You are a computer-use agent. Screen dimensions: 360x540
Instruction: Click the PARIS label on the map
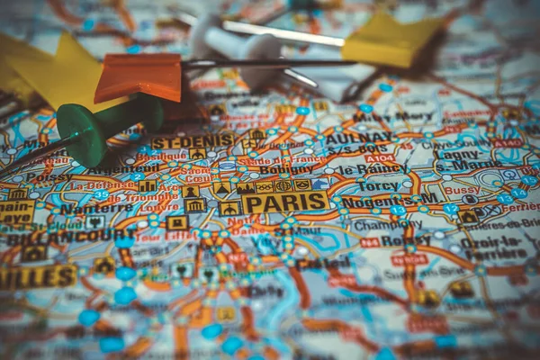pos(286,202)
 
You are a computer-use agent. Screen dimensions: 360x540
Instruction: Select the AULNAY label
pos(358,138)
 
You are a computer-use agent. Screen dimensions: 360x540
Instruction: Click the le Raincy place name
pos(373,168)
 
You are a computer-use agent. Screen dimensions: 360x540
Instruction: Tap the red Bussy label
pos(461,190)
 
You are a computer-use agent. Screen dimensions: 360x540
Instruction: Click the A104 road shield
pos(379,157)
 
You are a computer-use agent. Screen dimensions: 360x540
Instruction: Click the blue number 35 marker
pos(101,194)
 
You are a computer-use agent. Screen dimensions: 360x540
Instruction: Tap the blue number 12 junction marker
pos(450,208)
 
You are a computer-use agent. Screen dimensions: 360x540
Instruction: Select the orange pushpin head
pos(139,77)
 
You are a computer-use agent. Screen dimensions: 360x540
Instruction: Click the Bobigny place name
pos(285,168)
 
